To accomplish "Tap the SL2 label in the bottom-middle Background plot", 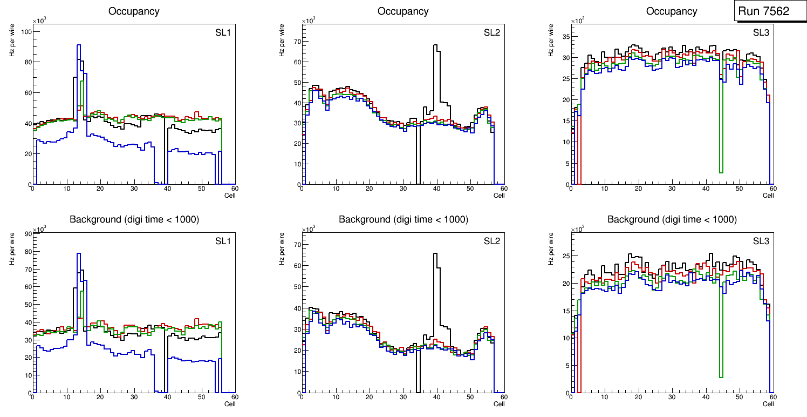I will (x=492, y=241).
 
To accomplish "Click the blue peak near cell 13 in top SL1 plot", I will (x=79, y=45).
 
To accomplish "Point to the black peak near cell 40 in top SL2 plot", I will (x=436, y=45).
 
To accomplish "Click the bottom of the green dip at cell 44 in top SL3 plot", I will (x=721, y=172).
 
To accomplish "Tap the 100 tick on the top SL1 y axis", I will (x=25, y=31).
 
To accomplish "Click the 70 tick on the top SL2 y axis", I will (x=295, y=41).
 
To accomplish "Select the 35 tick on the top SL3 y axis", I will (x=564, y=36).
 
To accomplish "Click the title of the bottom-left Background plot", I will (x=134, y=219).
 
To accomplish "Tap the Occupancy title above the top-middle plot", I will (x=403, y=11).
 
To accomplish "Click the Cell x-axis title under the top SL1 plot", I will (x=229, y=195).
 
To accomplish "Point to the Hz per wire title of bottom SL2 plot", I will (x=281, y=248).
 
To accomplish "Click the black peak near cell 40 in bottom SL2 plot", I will (x=436, y=254).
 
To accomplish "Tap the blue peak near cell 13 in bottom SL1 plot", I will (x=79, y=254).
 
